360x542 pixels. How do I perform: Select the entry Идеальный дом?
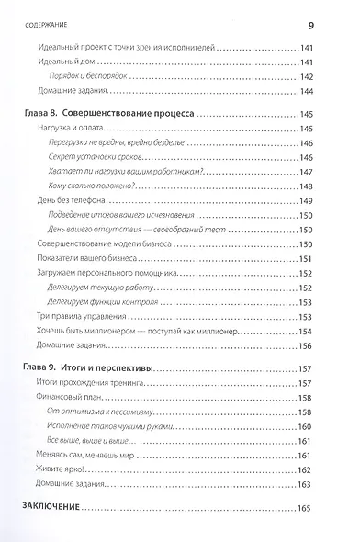coord(73,62)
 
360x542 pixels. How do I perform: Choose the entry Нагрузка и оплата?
coord(81,130)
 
